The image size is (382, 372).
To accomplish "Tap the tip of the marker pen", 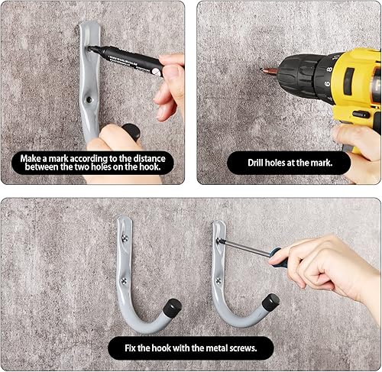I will click(90, 49).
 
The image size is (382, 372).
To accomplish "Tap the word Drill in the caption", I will click(260, 163).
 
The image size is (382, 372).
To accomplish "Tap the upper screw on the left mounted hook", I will click(124, 239).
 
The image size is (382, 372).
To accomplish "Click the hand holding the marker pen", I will click(170, 84).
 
